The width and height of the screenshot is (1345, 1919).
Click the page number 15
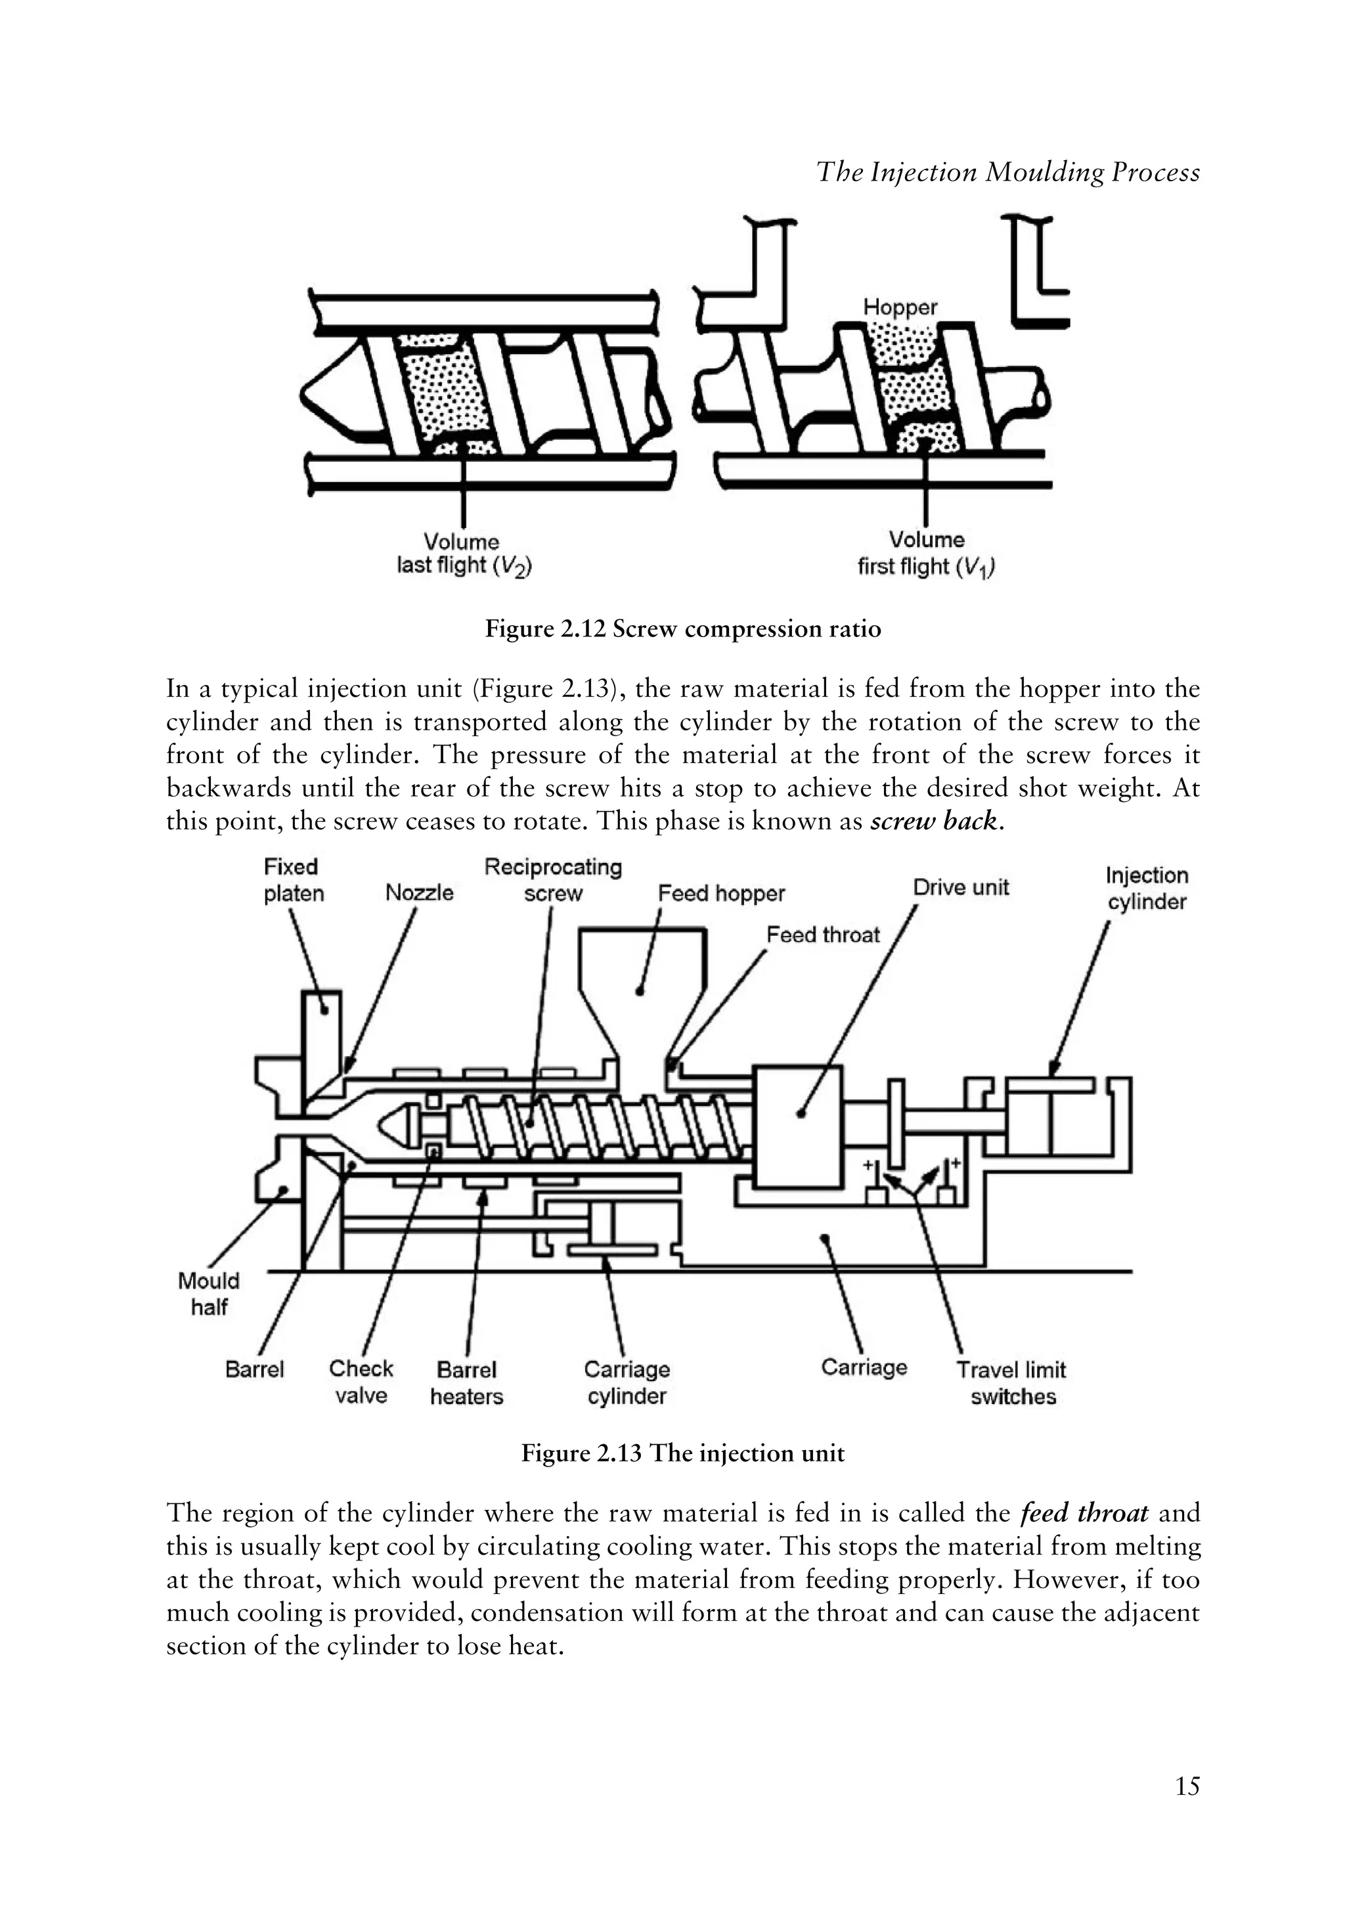point(1186,1786)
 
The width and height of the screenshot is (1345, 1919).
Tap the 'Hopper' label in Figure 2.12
point(900,307)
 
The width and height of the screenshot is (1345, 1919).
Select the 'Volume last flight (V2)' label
point(464,553)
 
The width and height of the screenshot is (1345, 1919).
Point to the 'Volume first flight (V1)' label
point(926,553)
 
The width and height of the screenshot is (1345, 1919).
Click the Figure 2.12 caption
point(682,629)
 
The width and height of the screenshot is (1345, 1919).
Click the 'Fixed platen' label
point(292,880)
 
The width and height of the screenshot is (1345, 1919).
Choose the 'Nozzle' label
point(419,893)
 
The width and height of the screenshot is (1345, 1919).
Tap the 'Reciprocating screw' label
point(552,880)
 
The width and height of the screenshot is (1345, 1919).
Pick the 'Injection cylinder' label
point(1146,889)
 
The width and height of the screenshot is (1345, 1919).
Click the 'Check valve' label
point(361,1382)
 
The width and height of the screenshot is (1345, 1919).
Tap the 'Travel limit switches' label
point(1011,1383)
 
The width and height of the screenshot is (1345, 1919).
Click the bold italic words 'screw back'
point(934,822)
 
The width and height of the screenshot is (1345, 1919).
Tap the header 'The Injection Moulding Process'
point(1007,172)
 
